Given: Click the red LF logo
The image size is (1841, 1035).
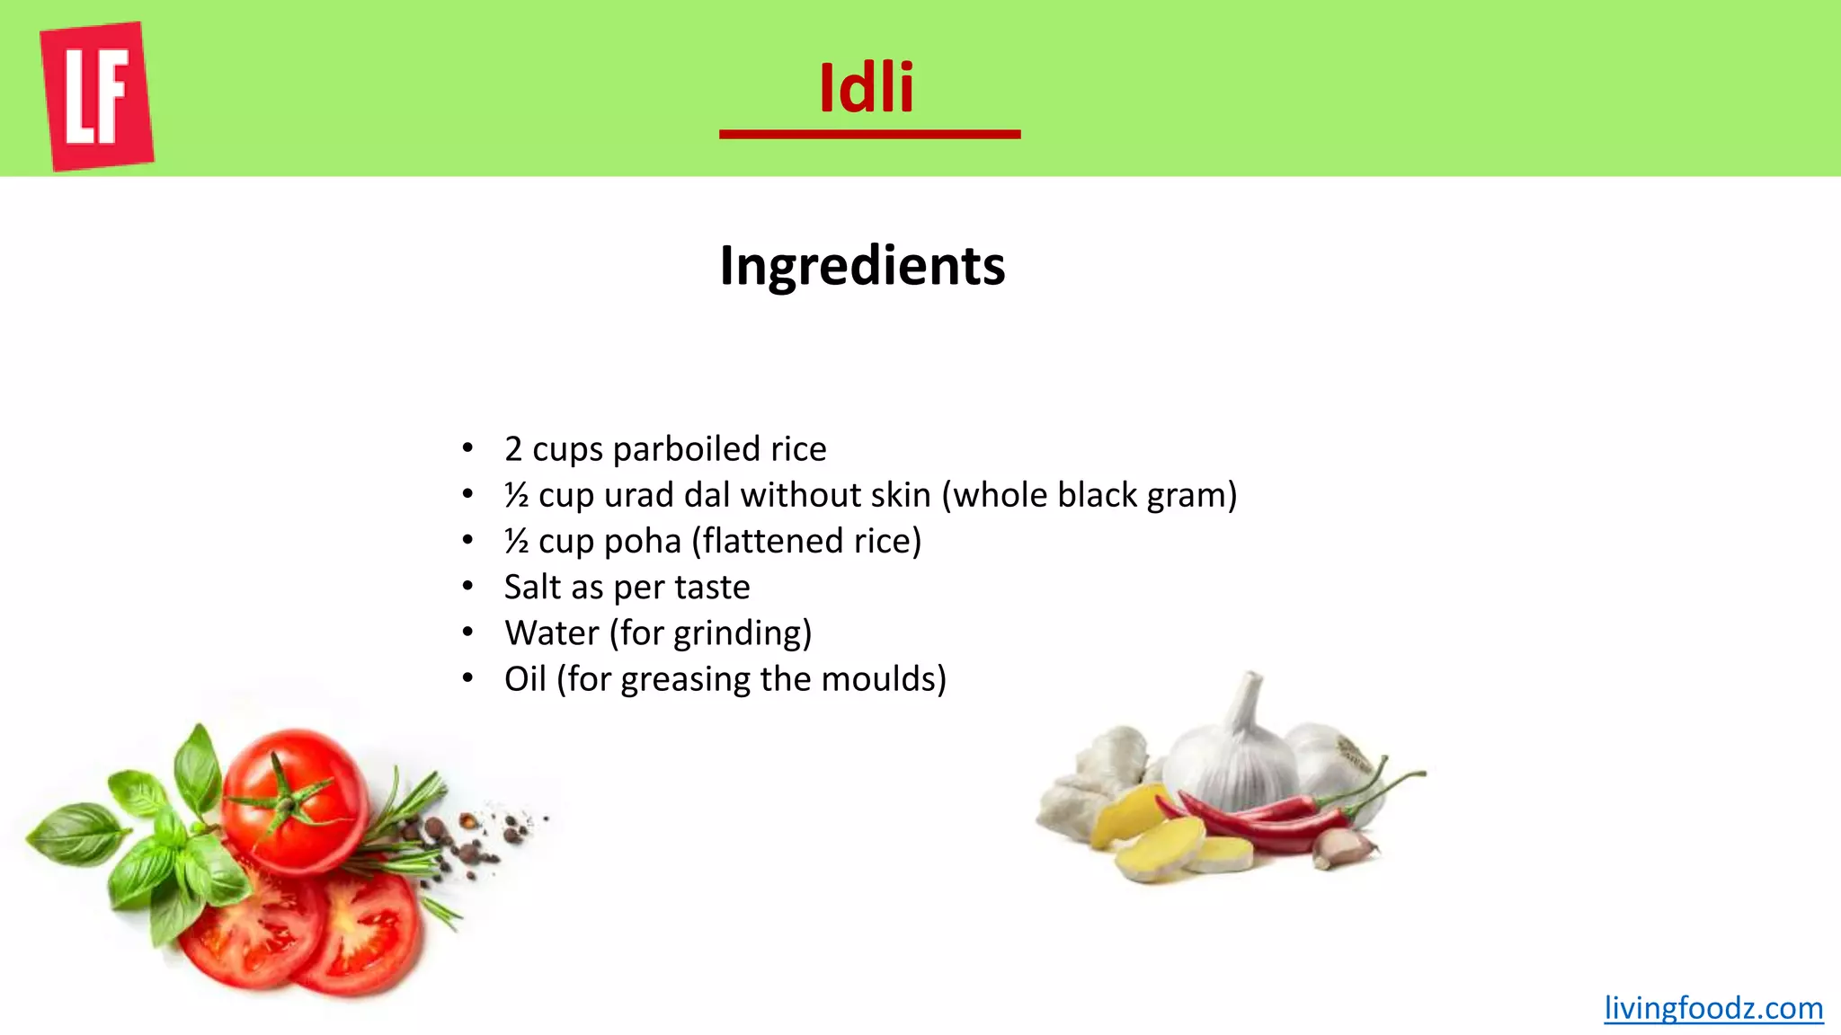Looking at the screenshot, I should click(x=97, y=96).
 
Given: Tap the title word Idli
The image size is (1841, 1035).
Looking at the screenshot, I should click(x=867, y=88).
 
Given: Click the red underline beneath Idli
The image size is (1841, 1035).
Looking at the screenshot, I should click(x=869, y=135).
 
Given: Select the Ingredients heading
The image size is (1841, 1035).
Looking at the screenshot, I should click(x=862, y=266).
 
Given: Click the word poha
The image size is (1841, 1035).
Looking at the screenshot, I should click(x=642, y=542).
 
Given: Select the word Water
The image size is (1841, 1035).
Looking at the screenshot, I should click(x=551, y=633).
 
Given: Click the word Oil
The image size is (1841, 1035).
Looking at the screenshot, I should click(x=525, y=679).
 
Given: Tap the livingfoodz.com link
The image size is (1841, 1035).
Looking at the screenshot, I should click(x=1713, y=1008).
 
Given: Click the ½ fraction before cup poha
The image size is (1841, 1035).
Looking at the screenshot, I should click(x=516, y=542).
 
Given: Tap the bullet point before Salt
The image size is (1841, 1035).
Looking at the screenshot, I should click(x=467, y=587).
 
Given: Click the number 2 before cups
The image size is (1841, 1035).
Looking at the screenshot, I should click(x=513, y=449).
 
